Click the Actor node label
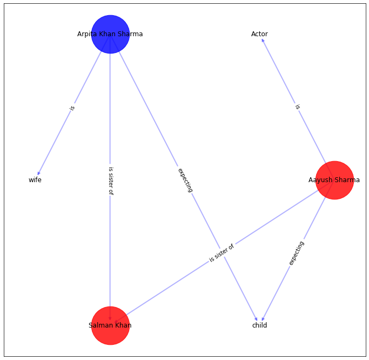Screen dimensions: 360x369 tap(259, 34)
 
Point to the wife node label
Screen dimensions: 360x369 tap(35, 180)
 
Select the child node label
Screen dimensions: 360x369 tap(259, 325)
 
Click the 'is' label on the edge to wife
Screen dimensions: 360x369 tap(72, 108)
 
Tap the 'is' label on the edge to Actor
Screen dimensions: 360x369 tap(297, 107)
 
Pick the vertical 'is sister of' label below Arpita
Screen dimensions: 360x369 tap(110, 181)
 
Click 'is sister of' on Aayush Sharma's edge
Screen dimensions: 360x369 tap(222, 253)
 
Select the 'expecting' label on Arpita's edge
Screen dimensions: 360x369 tap(185, 180)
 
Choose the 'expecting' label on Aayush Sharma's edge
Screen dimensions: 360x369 tap(296, 253)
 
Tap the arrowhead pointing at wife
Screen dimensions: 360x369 tap(38, 173)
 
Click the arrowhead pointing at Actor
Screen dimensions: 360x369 tap(263, 41)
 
